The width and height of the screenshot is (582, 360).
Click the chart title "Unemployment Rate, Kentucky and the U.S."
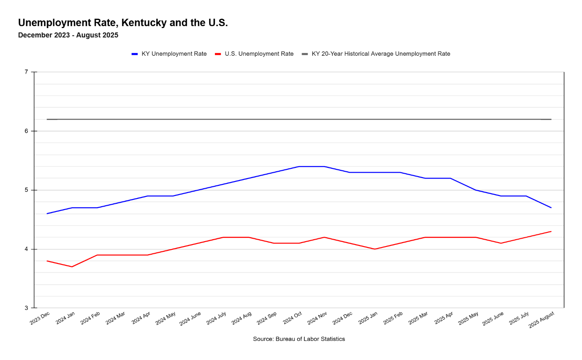click(x=123, y=23)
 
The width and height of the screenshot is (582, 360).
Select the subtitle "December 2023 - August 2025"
click(x=68, y=35)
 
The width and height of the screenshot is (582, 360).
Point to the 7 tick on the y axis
click(x=26, y=72)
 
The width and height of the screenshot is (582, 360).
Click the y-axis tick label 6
click(x=26, y=131)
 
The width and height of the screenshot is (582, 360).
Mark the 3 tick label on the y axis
click(x=26, y=308)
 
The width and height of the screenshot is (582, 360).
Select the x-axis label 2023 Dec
click(x=40, y=318)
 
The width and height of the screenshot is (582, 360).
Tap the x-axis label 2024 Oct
click(x=293, y=318)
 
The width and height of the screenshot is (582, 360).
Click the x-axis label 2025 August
click(x=541, y=320)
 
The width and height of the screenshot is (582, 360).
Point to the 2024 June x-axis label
click(x=190, y=319)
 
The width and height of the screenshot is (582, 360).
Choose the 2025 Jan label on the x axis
click(x=368, y=318)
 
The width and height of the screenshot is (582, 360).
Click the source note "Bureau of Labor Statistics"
click(x=299, y=339)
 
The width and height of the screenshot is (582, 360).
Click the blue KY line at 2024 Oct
click(x=299, y=166)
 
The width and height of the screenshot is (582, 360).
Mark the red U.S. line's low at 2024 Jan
click(x=72, y=267)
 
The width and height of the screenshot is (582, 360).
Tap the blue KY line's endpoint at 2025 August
click(x=551, y=208)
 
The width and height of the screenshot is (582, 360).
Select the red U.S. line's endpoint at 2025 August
click(x=551, y=231)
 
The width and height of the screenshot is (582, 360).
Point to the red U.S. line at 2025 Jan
click(x=374, y=249)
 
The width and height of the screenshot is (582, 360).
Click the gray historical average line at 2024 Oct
click(x=299, y=119)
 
